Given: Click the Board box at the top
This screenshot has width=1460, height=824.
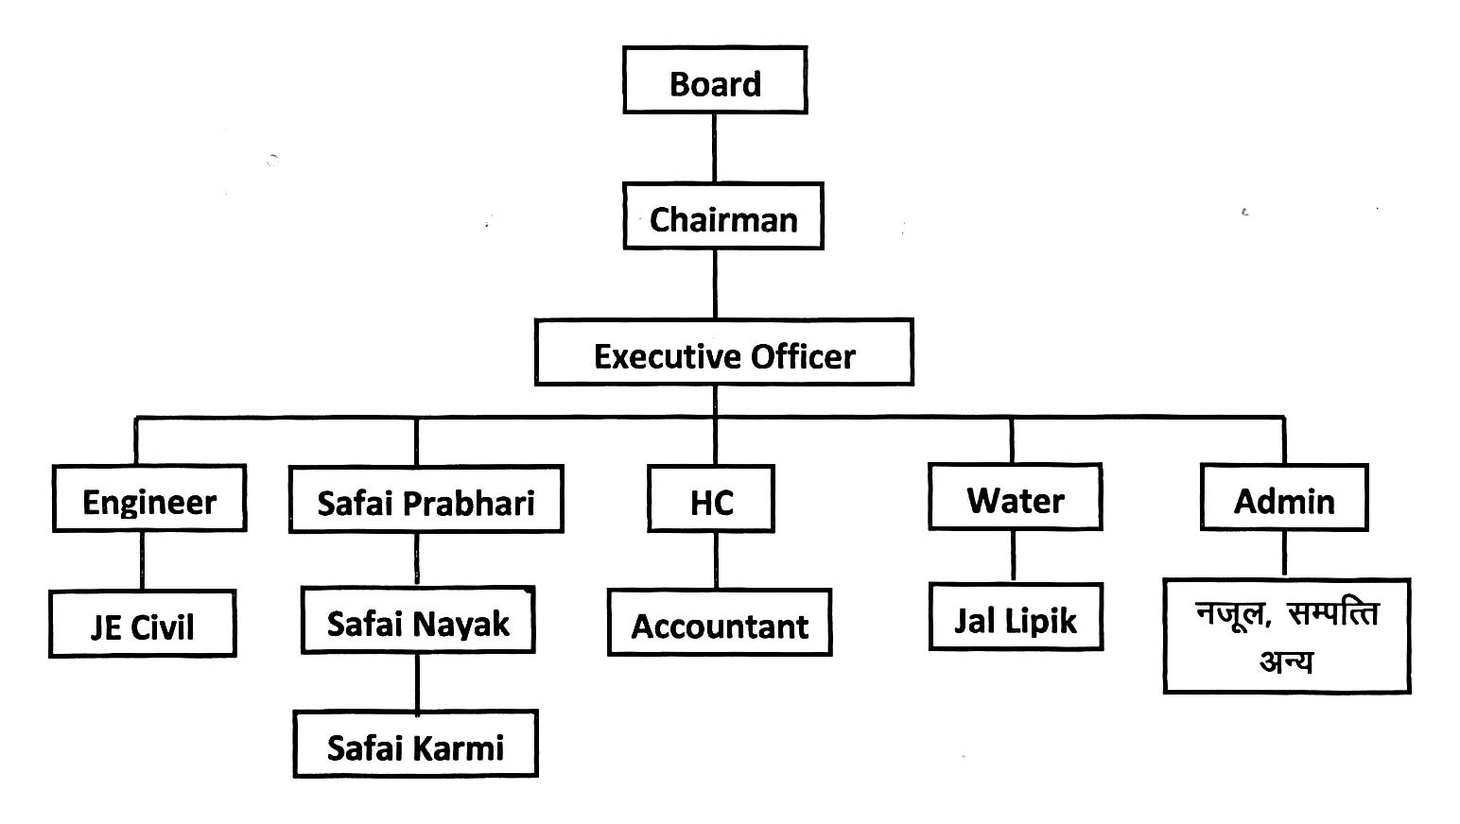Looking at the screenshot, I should [715, 80].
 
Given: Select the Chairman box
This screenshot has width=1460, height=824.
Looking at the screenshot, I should [723, 216].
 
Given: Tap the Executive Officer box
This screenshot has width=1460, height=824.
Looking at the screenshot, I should [724, 352].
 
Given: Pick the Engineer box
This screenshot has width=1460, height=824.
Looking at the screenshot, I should [149, 498].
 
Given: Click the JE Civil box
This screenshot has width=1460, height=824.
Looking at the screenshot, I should [143, 624].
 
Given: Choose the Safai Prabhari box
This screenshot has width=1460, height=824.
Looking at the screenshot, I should [426, 499].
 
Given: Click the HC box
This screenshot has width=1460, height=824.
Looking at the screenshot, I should [711, 499].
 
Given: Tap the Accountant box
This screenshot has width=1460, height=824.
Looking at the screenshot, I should [720, 623].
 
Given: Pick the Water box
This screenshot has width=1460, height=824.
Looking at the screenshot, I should [1016, 497].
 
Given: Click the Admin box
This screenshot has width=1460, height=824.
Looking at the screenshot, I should [1284, 497].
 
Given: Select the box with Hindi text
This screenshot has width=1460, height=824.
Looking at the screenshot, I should [1287, 636].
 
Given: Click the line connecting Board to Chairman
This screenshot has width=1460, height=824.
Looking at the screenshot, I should [714, 148].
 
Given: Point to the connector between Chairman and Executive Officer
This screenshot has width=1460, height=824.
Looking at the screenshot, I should [715, 283].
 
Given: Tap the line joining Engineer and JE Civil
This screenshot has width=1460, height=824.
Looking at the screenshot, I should [143, 561].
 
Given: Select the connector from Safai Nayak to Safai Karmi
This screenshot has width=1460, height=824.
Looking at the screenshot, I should [417, 682].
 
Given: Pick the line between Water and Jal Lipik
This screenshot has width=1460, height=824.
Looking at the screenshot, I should [1014, 557].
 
